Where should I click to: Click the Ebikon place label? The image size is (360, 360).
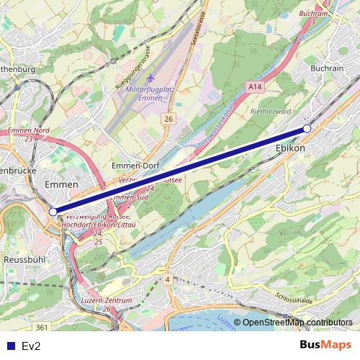[x=290, y=148]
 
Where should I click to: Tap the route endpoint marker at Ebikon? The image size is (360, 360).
[x=307, y=128]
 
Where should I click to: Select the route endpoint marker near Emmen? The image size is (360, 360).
[x=53, y=212]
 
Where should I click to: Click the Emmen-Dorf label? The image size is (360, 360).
[x=136, y=166]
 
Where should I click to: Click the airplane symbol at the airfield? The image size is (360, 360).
[x=150, y=77]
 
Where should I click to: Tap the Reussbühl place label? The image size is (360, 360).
[x=24, y=258]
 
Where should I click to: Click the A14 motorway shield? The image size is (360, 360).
[x=253, y=86]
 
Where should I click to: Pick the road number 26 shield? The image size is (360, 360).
[x=168, y=118]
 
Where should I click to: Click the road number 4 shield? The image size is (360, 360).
[x=166, y=279]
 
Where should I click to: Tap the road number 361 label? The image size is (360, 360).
[x=42, y=328]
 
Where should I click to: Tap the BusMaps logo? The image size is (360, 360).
[x=325, y=346]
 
